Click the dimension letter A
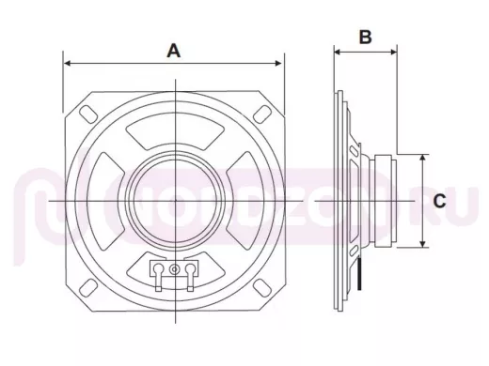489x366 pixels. click(174, 51)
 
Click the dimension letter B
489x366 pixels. click(365, 37)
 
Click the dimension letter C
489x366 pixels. click(439, 201)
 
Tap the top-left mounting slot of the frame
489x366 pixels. click(88, 114)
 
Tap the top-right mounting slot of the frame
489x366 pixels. click(262, 114)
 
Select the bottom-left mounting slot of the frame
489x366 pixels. click(88, 287)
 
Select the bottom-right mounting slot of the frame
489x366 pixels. click(262, 287)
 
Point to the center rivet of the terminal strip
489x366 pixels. click(174, 269)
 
